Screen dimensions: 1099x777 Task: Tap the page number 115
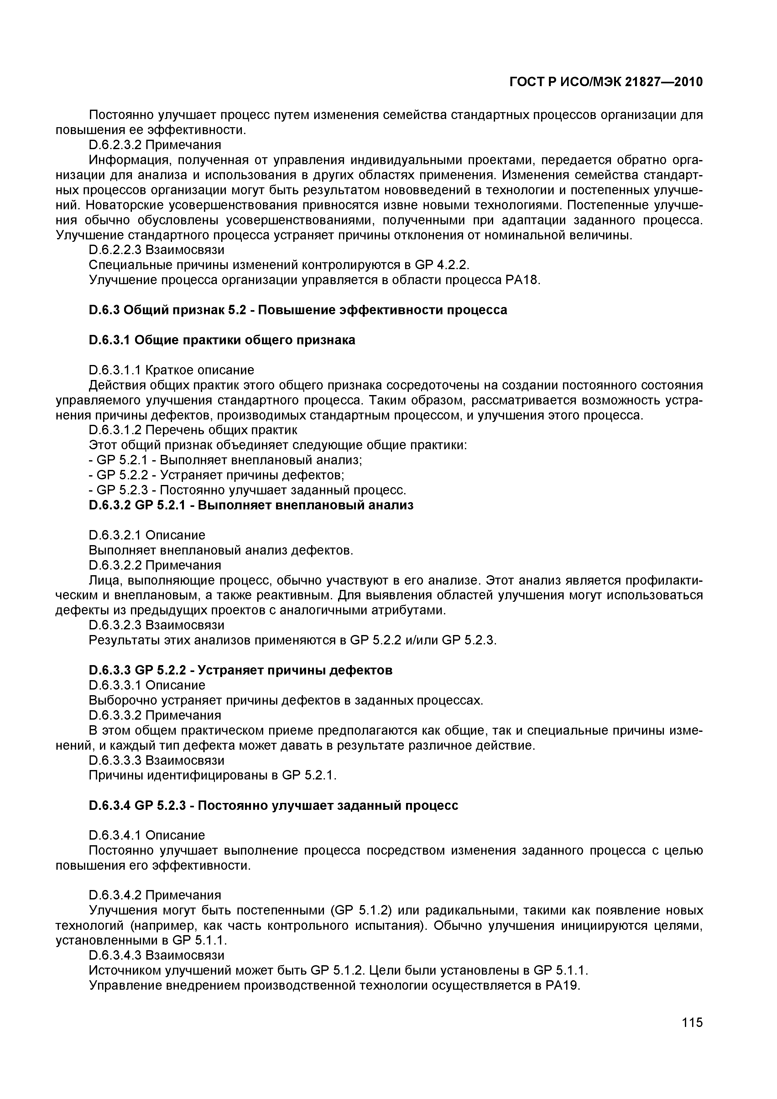coord(692,1036)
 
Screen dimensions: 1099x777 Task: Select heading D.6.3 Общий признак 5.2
coord(298,310)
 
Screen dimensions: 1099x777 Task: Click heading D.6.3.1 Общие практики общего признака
coord(222,340)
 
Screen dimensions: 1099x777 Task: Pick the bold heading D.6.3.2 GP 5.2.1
coord(251,505)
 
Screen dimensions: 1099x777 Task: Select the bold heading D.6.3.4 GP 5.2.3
coord(274,806)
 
